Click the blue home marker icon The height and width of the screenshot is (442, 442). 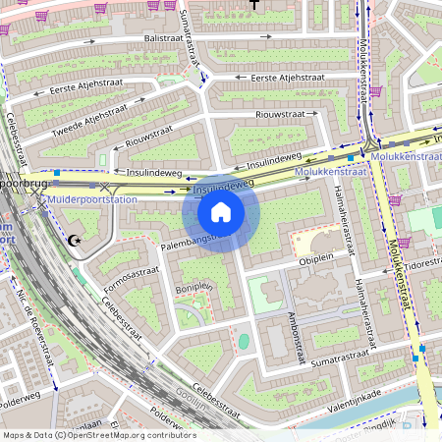pos(221,212)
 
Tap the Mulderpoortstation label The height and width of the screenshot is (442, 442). pos(91,199)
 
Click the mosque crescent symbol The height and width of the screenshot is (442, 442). pos(74,239)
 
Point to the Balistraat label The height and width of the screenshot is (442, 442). pos(165,38)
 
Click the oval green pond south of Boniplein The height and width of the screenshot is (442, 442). pos(244,341)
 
